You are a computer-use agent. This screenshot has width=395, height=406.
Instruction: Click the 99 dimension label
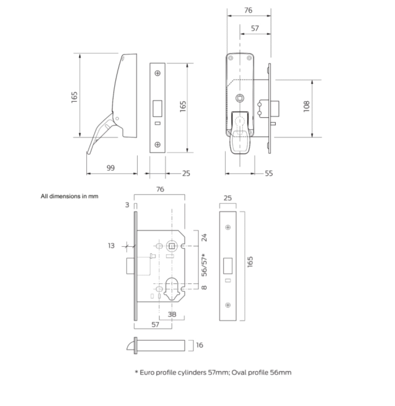pyautogui.click(x=110, y=168)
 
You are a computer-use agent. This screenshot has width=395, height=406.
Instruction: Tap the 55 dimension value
pyautogui.click(x=269, y=174)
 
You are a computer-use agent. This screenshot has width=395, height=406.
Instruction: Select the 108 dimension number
pyautogui.click(x=306, y=106)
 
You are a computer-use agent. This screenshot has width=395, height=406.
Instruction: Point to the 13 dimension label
pyautogui.click(x=111, y=246)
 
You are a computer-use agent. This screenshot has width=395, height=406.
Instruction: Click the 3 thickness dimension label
pyautogui.click(x=127, y=205)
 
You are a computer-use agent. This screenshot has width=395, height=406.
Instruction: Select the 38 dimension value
pyautogui.click(x=172, y=314)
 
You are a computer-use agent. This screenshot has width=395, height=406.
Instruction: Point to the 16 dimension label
pyautogui.click(x=199, y=345)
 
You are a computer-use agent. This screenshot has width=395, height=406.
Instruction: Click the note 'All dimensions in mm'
pyautogui.click(x=69, y=196)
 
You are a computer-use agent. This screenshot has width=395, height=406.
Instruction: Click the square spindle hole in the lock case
pyautogui.click(x=172, y=246)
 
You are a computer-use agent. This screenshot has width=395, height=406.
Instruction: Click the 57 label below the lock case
pyautogui.click(x=155, y=324)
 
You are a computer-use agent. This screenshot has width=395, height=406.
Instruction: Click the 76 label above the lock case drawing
pyautogui.click(x=160, y=189)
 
